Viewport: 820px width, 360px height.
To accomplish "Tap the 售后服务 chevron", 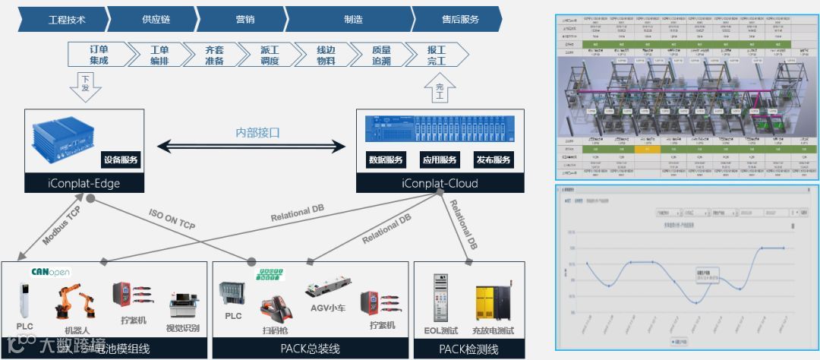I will pos(460,19).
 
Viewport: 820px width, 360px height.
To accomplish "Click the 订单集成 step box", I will pos(99,55).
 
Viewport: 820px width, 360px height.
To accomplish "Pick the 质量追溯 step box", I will pos(381,55).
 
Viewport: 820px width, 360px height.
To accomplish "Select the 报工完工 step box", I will pos(437,55).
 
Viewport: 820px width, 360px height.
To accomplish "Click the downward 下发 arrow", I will pos(85,85).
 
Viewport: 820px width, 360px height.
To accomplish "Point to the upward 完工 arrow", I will pos(439,89).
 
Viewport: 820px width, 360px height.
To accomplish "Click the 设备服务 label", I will pos(121,160).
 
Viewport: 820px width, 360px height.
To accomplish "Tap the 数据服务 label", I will pos(385,160).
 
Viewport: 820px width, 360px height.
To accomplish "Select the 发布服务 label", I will pos(494,160).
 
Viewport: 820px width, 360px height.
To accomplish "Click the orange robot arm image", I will pos(74,302).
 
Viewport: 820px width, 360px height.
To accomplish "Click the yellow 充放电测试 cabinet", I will pos(493,304).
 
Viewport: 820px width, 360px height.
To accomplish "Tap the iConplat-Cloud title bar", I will pos(440,183).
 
